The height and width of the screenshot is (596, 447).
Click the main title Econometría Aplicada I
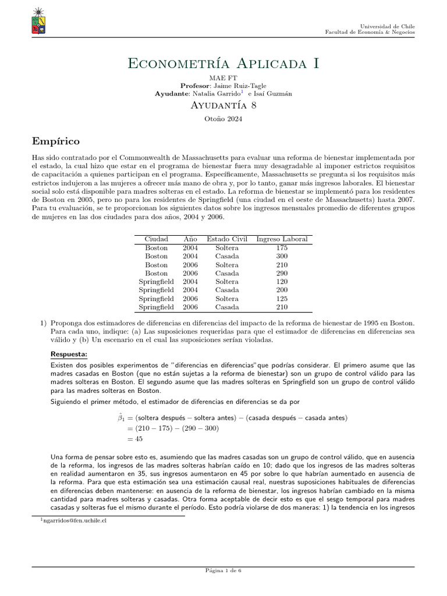pos(223,63)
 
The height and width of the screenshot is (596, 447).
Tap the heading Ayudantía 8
pos(223,105)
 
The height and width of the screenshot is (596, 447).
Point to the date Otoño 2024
pos(223,119)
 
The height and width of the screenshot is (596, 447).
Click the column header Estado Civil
pos(226,239)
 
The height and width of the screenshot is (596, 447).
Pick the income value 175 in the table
pos(282,248)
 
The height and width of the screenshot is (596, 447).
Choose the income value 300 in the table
pos(282,256)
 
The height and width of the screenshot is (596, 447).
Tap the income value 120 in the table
pos(282,282)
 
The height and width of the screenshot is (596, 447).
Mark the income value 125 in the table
pos(282,299)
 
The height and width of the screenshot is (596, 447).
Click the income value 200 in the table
pos(282,290)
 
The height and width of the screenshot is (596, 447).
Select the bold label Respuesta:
pos(68,354)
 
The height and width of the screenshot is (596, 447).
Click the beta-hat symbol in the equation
pos(114,418)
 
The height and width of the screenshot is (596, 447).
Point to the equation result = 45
pos(134,439)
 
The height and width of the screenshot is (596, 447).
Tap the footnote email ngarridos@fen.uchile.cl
pos(74,521)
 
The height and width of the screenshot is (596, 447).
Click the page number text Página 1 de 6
pos(223,571)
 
